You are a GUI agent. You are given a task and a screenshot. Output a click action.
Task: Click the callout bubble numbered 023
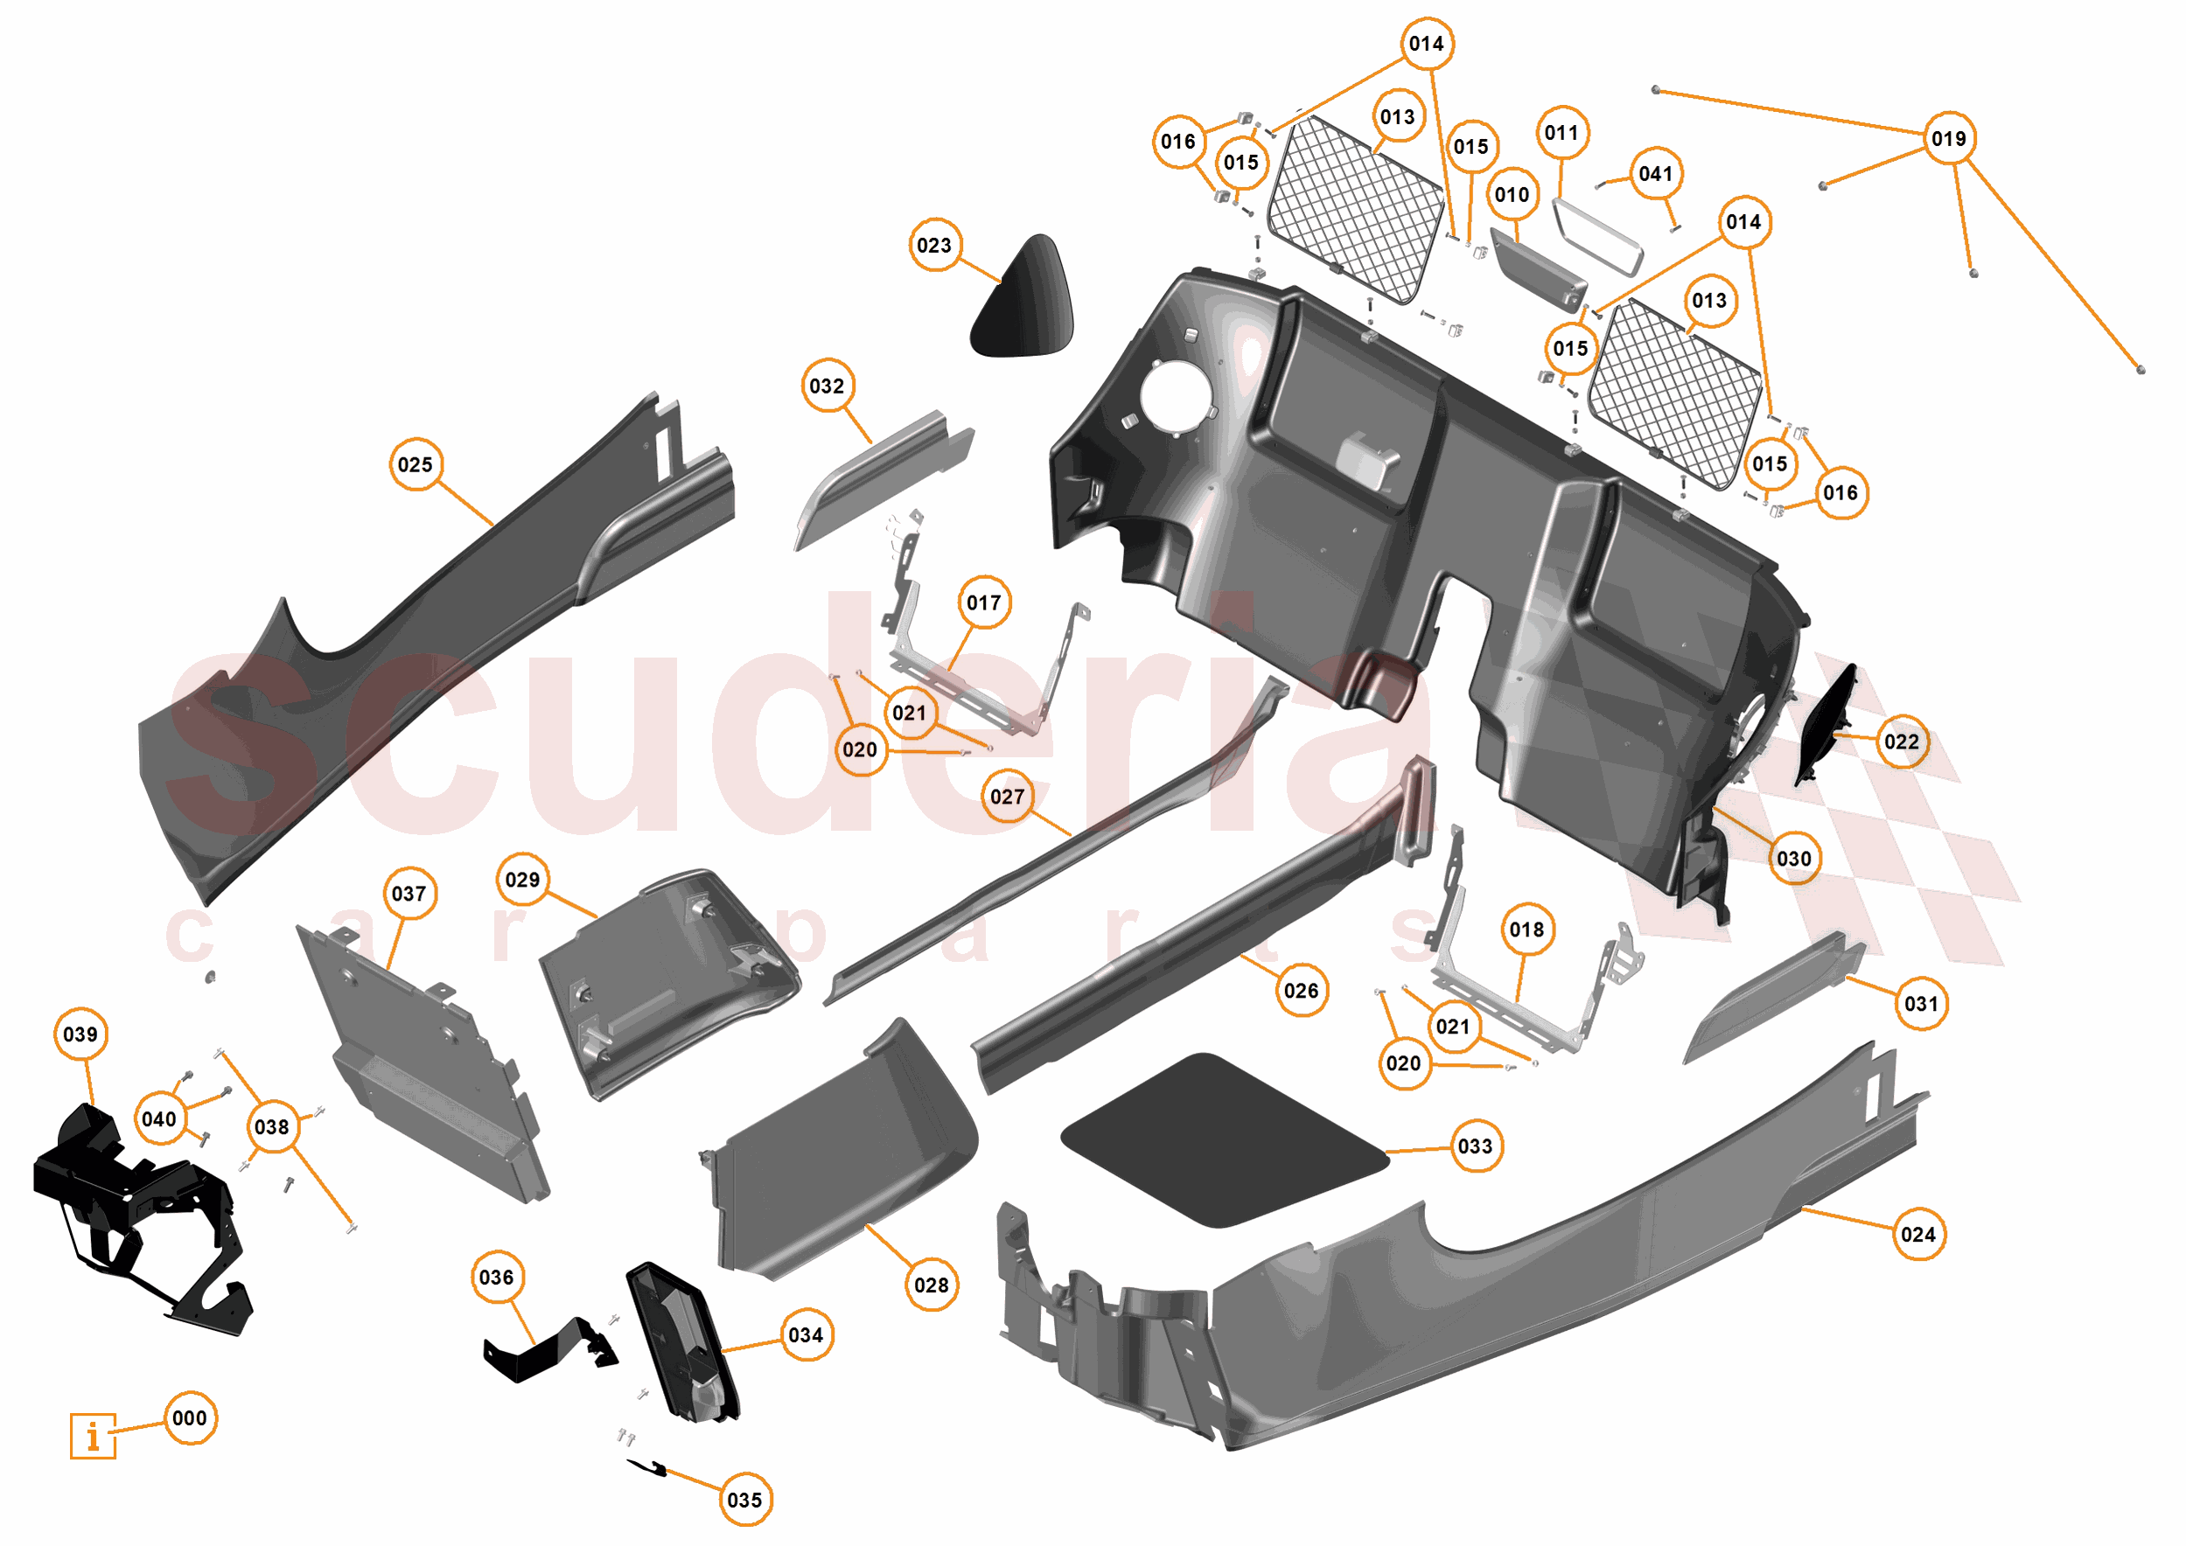coord(934,246)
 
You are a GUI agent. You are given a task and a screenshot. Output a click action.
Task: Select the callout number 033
coord(1475,1146)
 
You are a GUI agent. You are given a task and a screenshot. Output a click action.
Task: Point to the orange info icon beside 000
coord(93,1436)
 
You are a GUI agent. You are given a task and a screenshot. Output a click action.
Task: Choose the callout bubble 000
coord(190,1418)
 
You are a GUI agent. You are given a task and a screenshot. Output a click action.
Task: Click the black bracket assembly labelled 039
coord(133,1209)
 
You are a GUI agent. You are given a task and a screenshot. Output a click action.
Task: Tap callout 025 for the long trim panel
coord(416,464)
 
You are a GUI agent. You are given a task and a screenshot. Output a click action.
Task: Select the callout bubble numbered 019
coord(1948,139)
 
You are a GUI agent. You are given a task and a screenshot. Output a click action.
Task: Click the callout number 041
coord(1656,174)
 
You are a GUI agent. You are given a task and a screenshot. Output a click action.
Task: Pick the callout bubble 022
coord(1902,742)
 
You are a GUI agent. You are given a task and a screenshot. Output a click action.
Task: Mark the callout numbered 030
coord(1794,859)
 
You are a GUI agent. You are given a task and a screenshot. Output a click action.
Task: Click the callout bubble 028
coord(931,1285)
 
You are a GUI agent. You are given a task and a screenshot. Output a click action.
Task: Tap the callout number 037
coord(409,894)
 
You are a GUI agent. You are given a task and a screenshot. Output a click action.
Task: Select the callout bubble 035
coord(744,1501)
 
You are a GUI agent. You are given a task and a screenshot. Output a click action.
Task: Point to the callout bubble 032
coord(827,386)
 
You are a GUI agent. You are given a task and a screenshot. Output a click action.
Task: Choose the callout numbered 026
coord(1301,991)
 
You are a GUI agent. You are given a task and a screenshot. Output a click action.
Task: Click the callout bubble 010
coord(1512,195)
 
